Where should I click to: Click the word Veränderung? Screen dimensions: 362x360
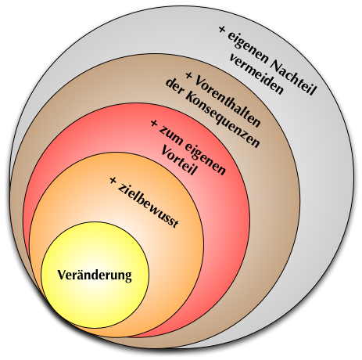tap(95, 275)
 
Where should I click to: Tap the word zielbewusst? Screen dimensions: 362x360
tap(148, 206)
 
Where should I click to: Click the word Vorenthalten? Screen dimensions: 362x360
tap(228, 102)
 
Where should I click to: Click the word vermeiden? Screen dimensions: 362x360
tap(256, 75)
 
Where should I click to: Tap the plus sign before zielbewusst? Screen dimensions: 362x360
tap(113, 180)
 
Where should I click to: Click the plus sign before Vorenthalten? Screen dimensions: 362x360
tap(189, 76)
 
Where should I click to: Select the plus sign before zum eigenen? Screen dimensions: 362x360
tap(154, 123)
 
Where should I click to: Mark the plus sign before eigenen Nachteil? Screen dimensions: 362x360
tap(222, 29)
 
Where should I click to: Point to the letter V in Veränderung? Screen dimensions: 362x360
tap(61, 275)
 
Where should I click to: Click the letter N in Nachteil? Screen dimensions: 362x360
tap(276, 65)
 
